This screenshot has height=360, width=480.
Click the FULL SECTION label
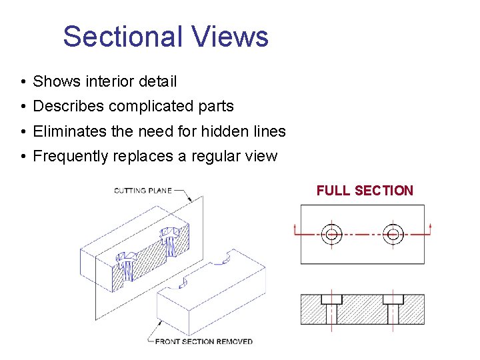[x=365, y=191]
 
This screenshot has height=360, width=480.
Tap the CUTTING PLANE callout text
[x=143, y=191]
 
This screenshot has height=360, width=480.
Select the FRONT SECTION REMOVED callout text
[x=203, y=341]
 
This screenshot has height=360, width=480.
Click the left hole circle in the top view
[x=331, y=234]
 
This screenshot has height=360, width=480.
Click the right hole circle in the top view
[x=393, y=234]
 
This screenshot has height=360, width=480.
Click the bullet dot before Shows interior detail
[x=23, y=82]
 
